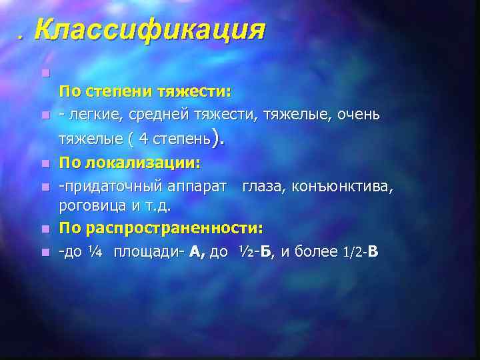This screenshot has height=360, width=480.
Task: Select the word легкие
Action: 91,115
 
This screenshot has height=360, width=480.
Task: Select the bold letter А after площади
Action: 197,252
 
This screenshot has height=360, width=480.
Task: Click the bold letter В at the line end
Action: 373,252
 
